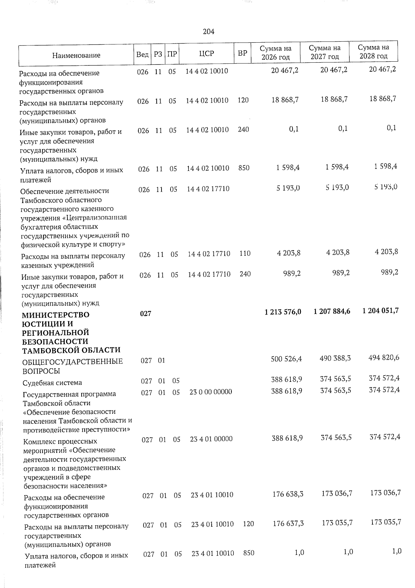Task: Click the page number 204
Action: pyautogui.click(x=209, y=32)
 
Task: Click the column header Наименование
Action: pyautogui.click(x=76, y=55)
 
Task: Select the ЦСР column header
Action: pyautogui.click(x=206, y=53)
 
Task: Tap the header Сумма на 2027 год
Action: pyautogui.click(x=324, y=52)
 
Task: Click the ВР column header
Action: pyautogui.click(x=243, y=53)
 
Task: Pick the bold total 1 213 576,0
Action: pyautogui.click(x=283, y=312)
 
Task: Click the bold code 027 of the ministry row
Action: pyautogui.click(x=146, y=314)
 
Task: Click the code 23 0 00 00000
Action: pyautogui.click(x=211, y=392)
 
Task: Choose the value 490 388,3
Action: pyautogui.click(x=335, y=358)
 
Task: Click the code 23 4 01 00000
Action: pyautogui.click(x=211, y=439)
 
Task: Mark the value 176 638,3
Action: pyautogui.click(x=288, y=494)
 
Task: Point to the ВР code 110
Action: pyautogui.click(x=245, y=253)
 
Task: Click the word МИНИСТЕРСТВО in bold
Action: pyautogui.click(x=56, y=315)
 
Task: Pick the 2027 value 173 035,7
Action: pyautogui.click(x=337, y=523)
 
